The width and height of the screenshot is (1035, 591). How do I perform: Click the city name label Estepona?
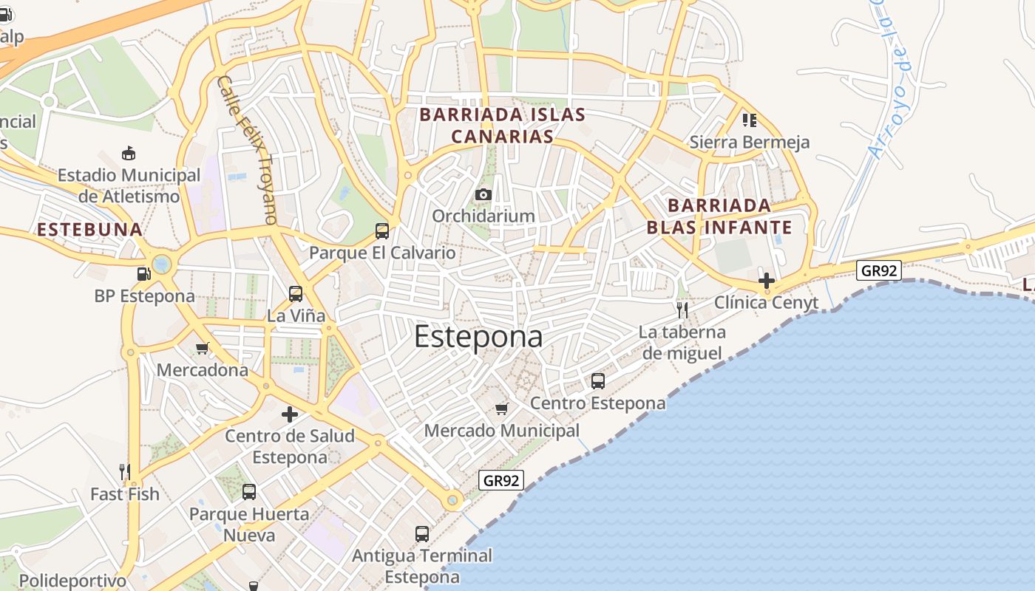coord(478,337)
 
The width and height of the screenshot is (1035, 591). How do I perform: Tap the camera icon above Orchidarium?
coord(483,194)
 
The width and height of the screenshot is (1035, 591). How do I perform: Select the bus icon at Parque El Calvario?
coord(382,231)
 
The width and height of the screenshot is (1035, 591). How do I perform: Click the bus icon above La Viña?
coord(296,294)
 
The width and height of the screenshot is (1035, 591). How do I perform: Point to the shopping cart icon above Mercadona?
coord(202,348)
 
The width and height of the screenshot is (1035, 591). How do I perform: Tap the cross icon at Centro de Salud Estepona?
coord(290,414)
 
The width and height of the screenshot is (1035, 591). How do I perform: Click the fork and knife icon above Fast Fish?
coord(125,471)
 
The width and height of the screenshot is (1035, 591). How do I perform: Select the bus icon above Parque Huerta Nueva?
coord(249,491)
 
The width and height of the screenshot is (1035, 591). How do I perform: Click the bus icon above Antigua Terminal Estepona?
coord(422,533)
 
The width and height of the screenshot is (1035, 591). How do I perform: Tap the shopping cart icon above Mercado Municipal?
coord(502,409)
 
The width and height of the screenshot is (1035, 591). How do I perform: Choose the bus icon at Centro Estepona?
coord(598,381)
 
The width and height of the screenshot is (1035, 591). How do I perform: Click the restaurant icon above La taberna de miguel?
coord(682,310)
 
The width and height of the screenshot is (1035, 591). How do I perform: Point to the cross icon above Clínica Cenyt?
coord(767,281)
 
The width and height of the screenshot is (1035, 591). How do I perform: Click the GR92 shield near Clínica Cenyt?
coord(879,270)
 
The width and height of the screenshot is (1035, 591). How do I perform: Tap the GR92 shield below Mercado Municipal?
coord(501,481)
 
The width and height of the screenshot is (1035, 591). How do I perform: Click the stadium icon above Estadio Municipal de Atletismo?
coord(129,154)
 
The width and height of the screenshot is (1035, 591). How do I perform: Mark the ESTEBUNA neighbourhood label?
coord(89,230)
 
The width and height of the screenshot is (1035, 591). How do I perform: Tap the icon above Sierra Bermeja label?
coord(750,120)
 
